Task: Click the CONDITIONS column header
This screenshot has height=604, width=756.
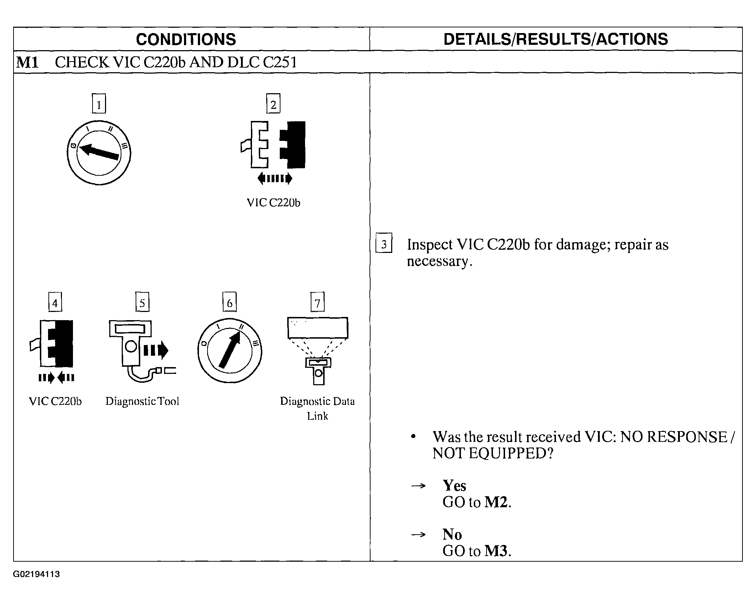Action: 186,39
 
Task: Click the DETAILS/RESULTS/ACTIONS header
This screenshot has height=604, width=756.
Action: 556,39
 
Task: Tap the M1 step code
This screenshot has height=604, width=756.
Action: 27,63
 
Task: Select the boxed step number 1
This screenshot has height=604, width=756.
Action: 99,104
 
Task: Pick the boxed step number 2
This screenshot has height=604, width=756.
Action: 273,104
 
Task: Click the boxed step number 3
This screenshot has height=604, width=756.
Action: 384,243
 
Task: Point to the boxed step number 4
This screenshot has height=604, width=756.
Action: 55,302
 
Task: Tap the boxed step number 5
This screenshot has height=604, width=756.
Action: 142,302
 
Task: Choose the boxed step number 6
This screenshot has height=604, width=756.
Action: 230,302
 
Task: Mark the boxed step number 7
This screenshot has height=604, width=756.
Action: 317,302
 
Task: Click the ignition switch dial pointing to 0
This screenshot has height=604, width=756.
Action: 99,153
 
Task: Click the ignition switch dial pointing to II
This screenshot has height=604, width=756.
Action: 230,351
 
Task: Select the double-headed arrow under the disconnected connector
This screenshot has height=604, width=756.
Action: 275,178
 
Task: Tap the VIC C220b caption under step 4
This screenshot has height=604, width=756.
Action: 55,401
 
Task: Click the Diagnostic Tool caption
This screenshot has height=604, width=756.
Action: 142,401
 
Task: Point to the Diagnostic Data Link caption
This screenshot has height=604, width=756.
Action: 317,408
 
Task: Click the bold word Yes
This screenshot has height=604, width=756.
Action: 454,486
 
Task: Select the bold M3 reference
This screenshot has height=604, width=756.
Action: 496,551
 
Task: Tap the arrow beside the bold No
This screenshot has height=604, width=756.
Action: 418,534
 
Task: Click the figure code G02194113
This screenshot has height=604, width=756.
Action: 37,574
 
